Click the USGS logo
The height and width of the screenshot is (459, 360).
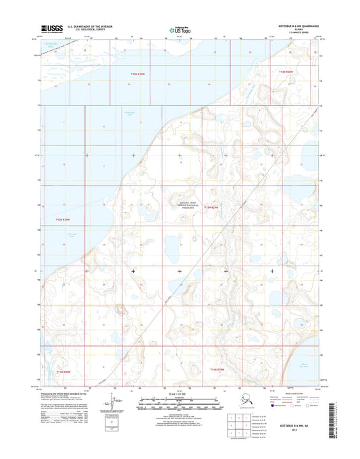click(53, 28)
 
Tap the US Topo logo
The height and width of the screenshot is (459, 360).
click(179, 29)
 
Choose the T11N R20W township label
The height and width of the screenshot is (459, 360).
click(63, 371)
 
